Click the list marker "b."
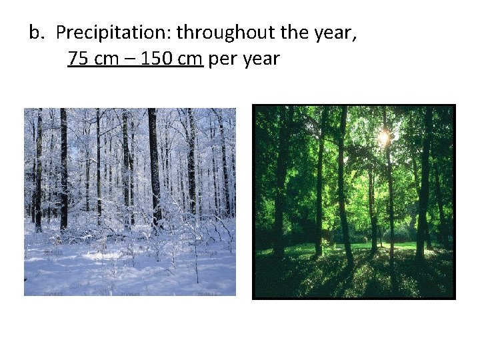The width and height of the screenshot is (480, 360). pos(38,32)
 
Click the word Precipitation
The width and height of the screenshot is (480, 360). pos(113,32)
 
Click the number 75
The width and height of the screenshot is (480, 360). pos(79,59)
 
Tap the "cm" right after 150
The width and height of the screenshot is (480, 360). pos(189,59)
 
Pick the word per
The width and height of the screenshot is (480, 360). pos(221,60)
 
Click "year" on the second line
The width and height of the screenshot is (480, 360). pos(261,60)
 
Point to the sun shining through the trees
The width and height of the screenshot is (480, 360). pos(383,138)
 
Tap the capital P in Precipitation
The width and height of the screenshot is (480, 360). pos(61,32)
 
